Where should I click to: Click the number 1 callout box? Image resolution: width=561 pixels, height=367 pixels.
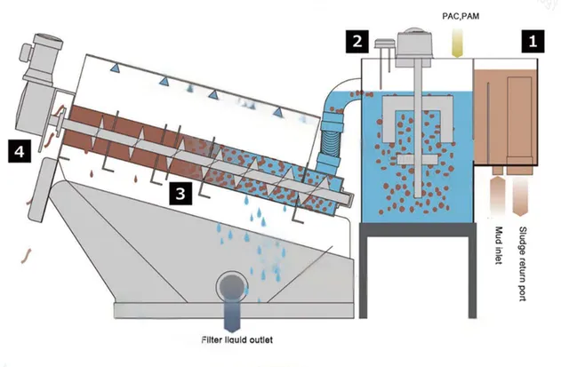tap(533, 39)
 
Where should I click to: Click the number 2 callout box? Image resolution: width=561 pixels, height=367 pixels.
tap(357, 40)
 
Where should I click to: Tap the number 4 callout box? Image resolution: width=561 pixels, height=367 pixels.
tap(19, 152)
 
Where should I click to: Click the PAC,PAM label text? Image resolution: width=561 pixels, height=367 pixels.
tap(459, 15)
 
